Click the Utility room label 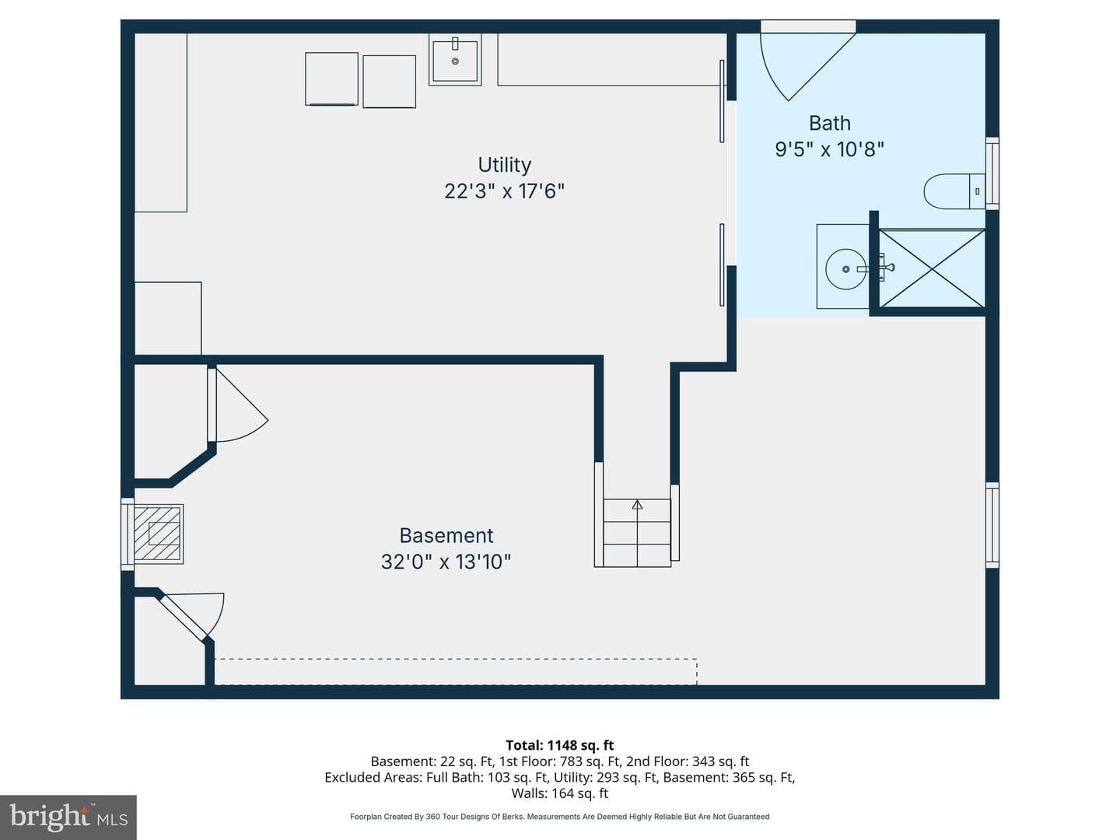point(504,165)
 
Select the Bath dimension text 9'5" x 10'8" point(829,149)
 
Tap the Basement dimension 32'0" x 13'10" point(446,562)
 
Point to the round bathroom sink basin point(845,269)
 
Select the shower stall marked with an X point(933,268)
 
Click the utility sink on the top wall point(455,60)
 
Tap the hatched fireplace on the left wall point(158,534)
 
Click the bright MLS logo point(68,817)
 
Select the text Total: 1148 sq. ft point(560,746)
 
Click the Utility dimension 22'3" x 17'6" point(504,191)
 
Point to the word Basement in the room point(446,536)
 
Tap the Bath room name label point(830,123)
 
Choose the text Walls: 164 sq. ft point(560,793)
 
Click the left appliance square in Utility point(331,79)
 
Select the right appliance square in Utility point(390,82)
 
